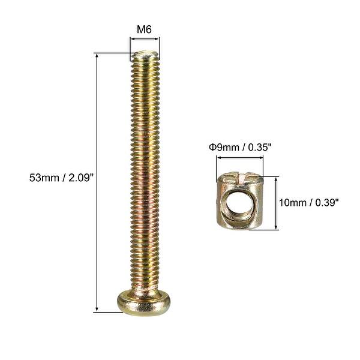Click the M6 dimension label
pos(145,28)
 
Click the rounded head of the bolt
pos(145,300)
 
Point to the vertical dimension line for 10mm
pos(276,203)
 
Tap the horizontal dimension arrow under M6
pos(145,39)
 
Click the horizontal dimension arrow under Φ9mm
pos(240,158)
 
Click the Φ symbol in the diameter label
pos(212,146)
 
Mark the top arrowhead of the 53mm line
pos(96,56)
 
